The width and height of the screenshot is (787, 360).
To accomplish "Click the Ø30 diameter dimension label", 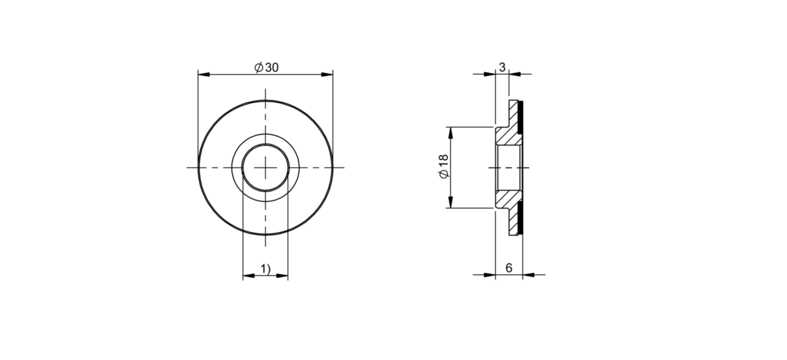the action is pos(266,67).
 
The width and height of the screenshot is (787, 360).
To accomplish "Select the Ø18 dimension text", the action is pos(444,166).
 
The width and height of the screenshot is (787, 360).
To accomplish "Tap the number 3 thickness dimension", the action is pos(502,67).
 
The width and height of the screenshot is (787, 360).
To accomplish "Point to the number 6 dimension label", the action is pos(509,268).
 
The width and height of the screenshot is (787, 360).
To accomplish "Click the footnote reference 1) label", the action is pos(265,269).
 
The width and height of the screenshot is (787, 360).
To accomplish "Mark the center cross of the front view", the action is pos(266,168).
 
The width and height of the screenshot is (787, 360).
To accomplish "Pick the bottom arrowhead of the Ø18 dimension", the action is pos(451,202).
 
